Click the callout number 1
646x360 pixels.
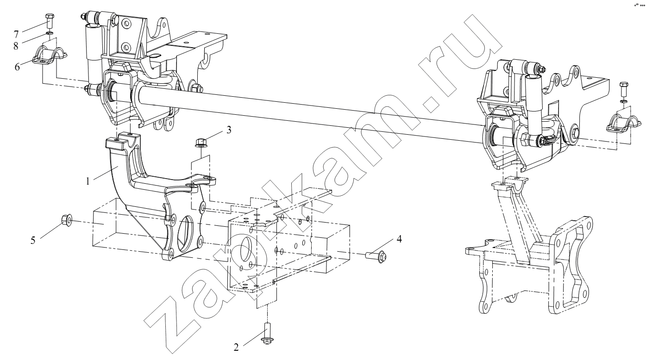pos(88,181)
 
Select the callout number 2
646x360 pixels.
pos(236,348)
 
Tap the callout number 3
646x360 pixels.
pos(229,130)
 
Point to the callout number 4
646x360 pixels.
pos(399,239)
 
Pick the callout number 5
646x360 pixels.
pos(33,240)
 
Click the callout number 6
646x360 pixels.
pos(17,67)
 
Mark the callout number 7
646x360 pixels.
pos(16,35)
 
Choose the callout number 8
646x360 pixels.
pos(16,46)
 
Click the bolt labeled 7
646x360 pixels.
pos(49,20)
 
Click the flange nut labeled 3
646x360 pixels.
pos(201,143)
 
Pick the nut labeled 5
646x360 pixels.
pos(67,221)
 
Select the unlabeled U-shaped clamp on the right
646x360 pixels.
pos(623,126)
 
